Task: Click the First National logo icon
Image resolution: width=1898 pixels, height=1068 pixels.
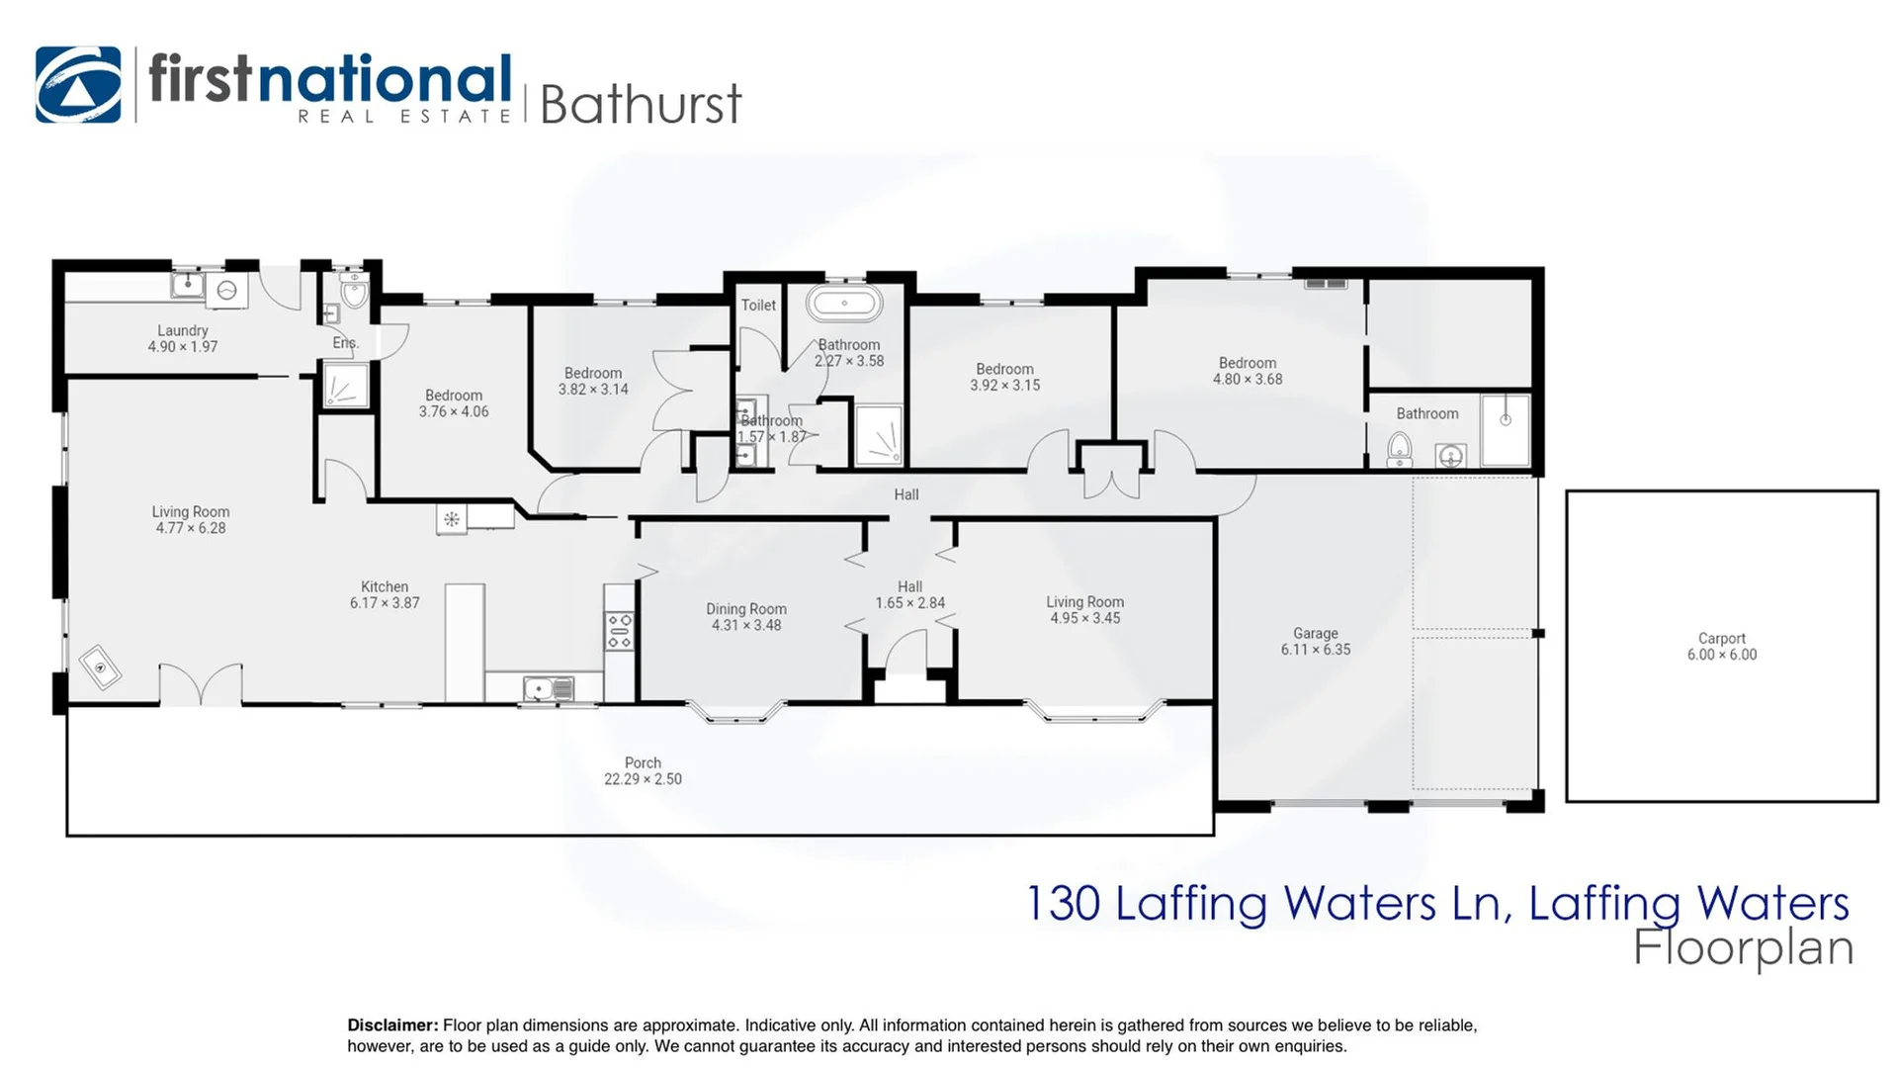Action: [78, 85]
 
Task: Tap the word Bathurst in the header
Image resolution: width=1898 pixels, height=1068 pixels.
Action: [641, 105]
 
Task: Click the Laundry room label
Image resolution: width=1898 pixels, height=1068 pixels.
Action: [183, 331]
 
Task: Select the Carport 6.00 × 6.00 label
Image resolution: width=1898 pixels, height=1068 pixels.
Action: [1721, 647]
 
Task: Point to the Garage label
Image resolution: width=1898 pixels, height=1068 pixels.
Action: [1315, 634]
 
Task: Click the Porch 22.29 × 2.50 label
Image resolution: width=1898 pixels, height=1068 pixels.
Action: [643, 771]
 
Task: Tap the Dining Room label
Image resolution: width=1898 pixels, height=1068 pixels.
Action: [745, 610]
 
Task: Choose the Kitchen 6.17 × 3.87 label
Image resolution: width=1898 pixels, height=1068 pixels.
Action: [385, 594]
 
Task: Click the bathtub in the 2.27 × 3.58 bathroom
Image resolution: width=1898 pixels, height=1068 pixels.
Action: [843, 303]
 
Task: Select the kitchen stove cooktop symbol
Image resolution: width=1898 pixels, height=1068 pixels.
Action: [620, 631]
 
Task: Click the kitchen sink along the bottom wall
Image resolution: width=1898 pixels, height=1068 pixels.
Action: [548, 688]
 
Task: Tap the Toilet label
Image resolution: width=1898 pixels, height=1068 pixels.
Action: [758, 306]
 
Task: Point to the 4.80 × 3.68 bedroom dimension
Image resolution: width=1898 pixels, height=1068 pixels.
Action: [1248, 380]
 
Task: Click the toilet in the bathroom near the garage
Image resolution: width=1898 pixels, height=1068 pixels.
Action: [1399, 450]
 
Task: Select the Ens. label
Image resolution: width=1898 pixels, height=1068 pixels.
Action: [345, 343]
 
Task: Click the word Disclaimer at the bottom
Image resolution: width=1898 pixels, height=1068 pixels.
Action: [391, 1025]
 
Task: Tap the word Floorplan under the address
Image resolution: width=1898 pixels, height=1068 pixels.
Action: [1742, 947]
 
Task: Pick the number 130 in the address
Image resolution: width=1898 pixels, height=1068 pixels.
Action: [1063, 903]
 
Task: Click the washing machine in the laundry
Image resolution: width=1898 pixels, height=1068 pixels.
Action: [226, 290]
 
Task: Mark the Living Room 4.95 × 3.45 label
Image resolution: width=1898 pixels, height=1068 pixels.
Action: [1084, 610]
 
